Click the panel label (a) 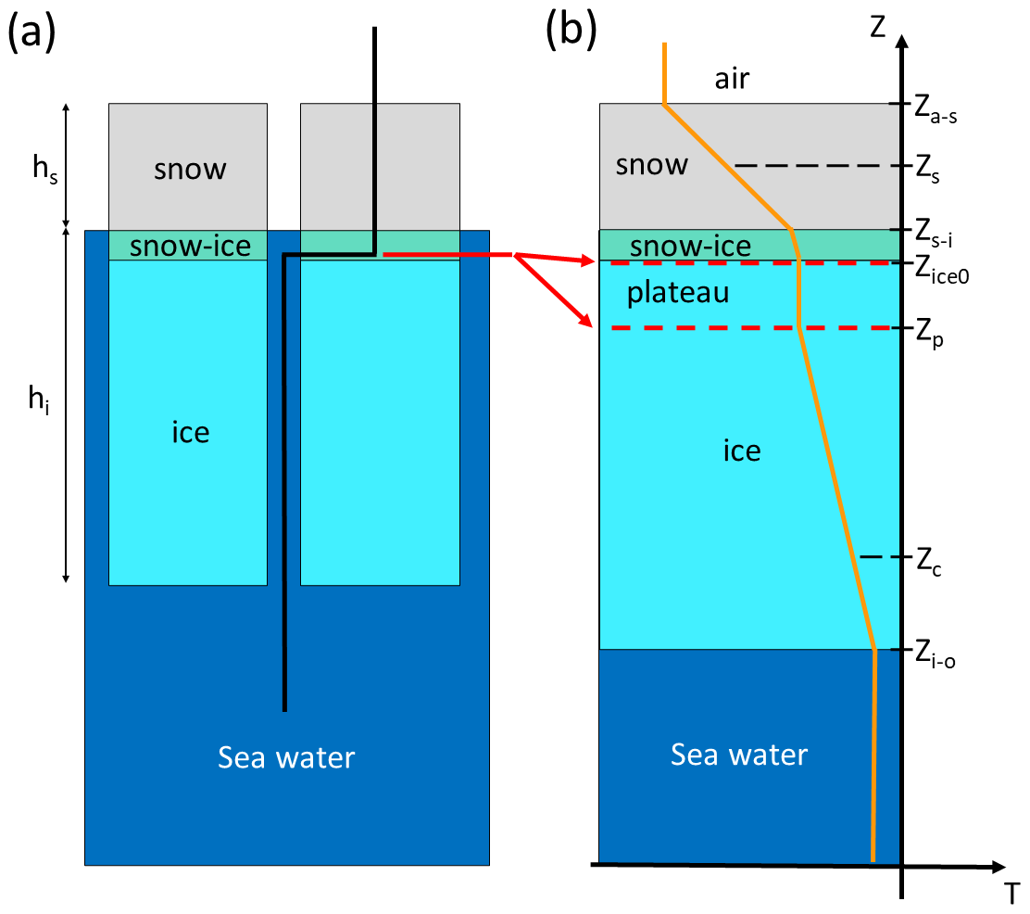(x=32, y=33)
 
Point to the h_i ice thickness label (x=36, y=401)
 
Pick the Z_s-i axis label (x=938, y=232)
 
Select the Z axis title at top (x=877, y=25)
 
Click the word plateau (x=678, y=293)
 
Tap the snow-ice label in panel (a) (x=190, y=246)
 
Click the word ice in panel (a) (x=190, y=432)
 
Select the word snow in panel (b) (x=652, y=165)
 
